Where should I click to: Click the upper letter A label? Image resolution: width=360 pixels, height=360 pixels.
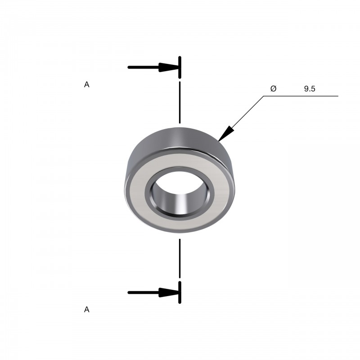point(86,85)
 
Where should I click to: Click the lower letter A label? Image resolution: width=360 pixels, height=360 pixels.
point(86,310)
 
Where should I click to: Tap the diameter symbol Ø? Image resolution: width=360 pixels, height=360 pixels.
point(274,88)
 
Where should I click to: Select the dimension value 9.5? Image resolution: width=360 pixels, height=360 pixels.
point(310,89)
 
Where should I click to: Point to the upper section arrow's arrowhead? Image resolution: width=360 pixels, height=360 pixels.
point(169,67)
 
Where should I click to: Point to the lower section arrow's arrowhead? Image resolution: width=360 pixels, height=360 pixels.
point(169,292)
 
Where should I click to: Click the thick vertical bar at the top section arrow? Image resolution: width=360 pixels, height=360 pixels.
point(180,67)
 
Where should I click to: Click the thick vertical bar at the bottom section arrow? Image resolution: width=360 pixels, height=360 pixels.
point(180,292)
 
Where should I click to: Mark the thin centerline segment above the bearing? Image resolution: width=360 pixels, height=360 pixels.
point(180,103)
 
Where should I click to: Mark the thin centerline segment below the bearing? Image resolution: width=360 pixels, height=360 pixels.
point(180,258)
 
